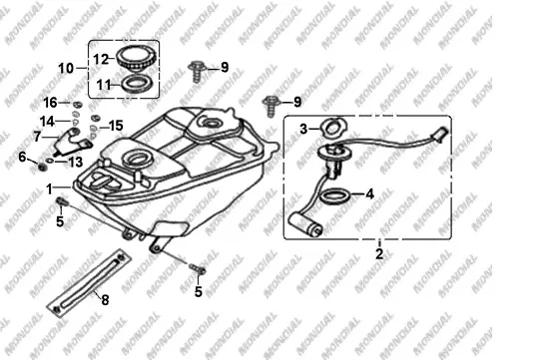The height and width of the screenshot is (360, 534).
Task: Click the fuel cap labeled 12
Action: click(136, 59)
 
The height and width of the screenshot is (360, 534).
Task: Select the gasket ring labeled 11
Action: click(138, 84)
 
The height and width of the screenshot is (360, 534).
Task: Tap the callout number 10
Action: click(66, 68)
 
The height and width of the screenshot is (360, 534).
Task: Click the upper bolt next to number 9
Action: click(197, 72)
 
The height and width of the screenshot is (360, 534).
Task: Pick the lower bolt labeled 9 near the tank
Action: click(270, 106)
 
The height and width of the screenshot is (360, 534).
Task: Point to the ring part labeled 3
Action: click(332, 128)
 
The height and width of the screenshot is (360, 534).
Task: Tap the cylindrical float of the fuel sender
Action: click(305, 224)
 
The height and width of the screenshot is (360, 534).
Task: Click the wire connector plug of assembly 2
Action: click(439, 134)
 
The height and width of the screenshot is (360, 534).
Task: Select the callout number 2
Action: click(379, 253)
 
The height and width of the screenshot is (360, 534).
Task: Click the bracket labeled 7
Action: click(72, 143)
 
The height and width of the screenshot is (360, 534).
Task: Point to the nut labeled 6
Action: click(42, 167)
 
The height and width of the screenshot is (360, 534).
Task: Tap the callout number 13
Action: click(75, 162)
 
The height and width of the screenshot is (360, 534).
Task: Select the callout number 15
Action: click(116, 126)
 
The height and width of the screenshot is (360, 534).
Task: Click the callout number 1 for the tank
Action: click(50, 189)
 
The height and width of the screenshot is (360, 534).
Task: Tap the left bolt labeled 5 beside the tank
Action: click(62, 201)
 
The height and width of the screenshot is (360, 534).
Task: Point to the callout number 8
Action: click(105, 300)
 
